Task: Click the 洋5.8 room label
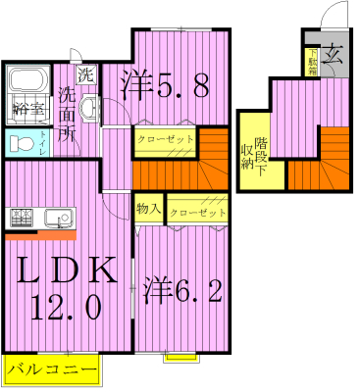[165, 86]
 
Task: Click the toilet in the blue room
[20, 143]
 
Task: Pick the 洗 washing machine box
[85, 73]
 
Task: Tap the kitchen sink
[54, 217]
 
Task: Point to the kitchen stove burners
[21, 217]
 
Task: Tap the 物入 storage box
[149, 210]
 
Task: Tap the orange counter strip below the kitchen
[40, 235]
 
